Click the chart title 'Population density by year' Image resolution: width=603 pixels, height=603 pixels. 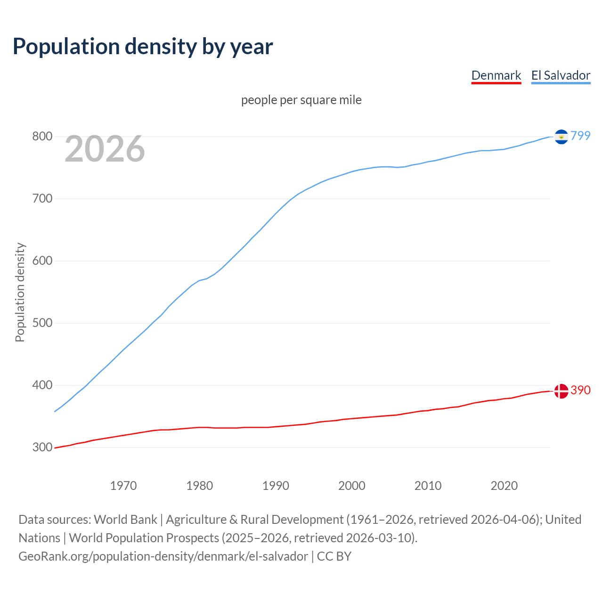point(143,46)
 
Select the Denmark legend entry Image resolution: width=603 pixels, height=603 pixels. point(496,75)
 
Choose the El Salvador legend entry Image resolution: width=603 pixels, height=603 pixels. point(561,75)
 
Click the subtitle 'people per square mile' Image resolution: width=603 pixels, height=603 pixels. point(301,100)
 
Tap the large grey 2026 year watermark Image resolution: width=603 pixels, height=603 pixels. point(105,149)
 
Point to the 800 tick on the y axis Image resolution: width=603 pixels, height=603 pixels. point(42,137)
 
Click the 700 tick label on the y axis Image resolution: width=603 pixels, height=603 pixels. point(42,199)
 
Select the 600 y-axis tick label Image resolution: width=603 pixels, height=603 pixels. point(42,261)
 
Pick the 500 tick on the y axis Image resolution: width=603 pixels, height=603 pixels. point(42,323)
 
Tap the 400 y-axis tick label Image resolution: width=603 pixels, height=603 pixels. point(42,385)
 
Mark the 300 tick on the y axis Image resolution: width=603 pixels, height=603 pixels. point(42,448)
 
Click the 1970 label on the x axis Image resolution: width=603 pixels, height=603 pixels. point(123,486)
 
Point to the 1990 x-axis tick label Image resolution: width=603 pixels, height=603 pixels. point(276,486)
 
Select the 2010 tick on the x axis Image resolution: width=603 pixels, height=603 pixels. point(428,486)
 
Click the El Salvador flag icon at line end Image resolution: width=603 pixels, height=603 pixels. point(561,137)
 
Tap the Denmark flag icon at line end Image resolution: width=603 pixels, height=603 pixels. point(561,391)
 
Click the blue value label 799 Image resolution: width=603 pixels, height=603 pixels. point(580,136)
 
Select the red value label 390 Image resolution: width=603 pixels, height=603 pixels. point(580,390)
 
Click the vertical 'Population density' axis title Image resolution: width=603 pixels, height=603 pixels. point(20,292)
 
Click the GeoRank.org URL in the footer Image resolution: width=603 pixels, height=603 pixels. point(163,556)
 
